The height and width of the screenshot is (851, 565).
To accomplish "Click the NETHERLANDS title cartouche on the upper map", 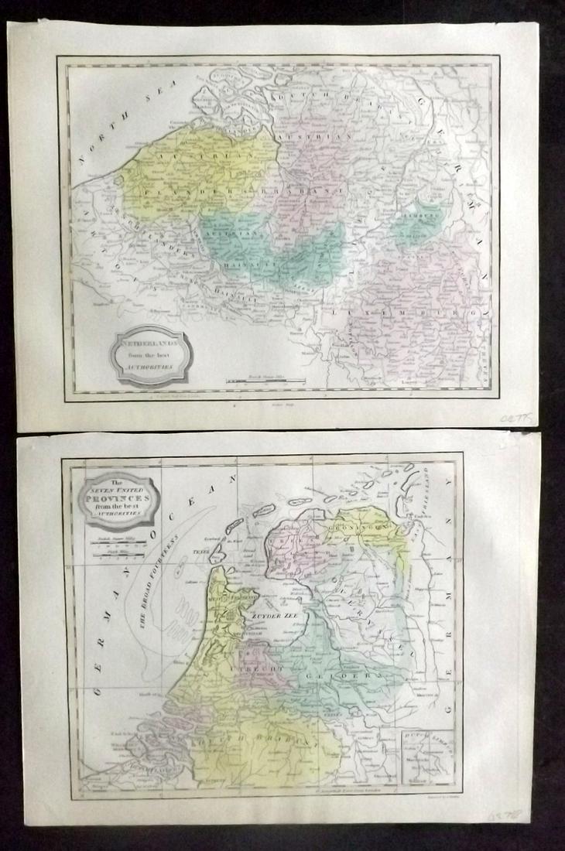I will point(150,353).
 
